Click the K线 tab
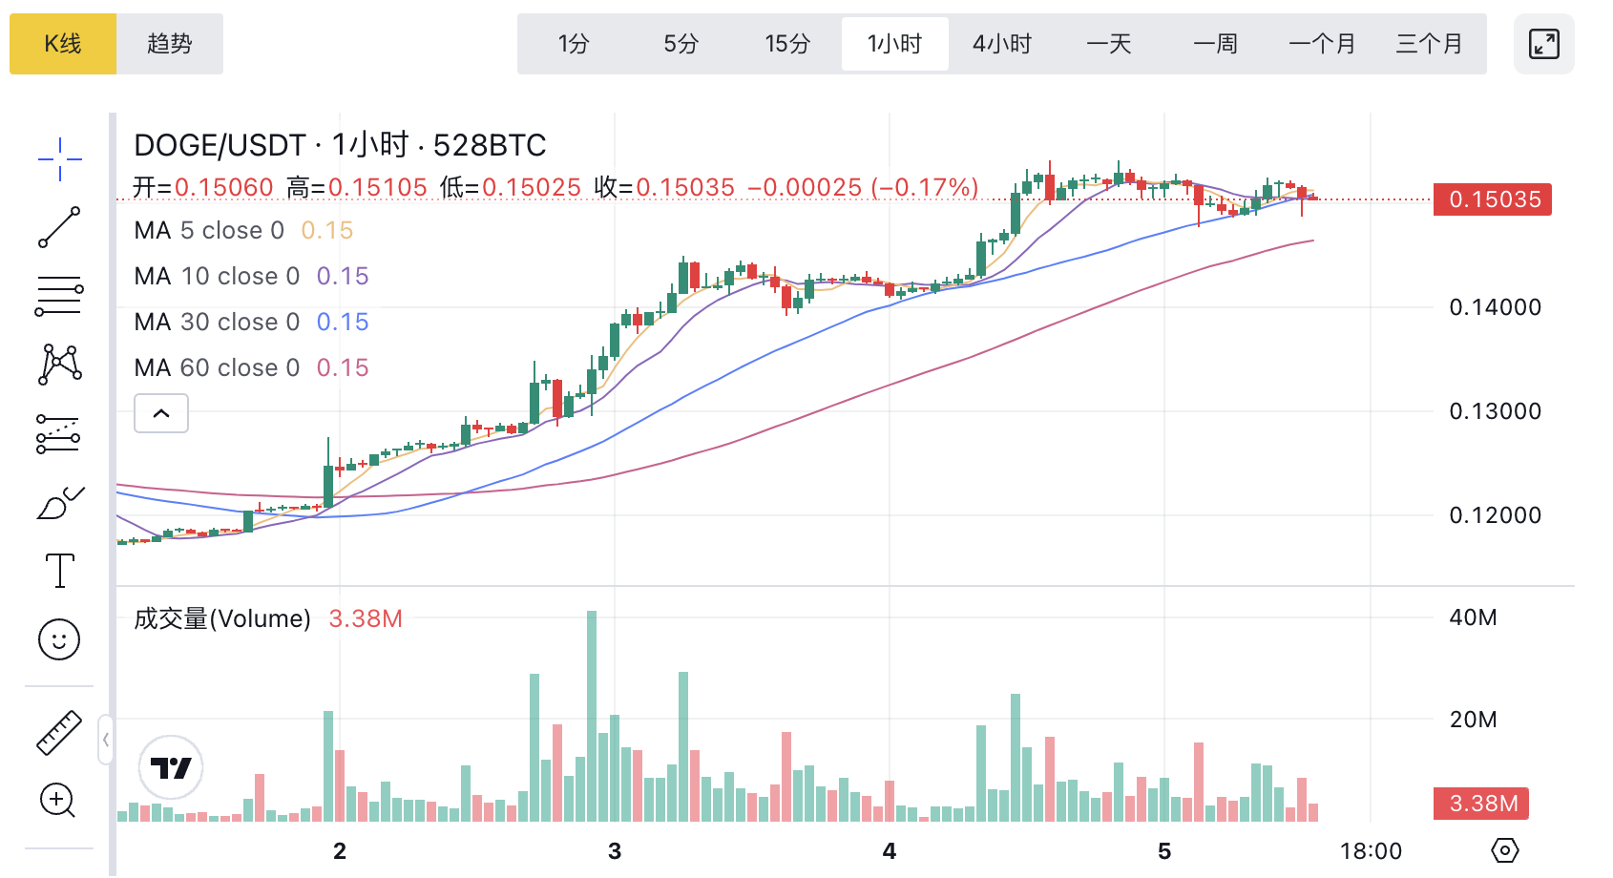coord(63,44)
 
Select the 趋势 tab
coord(170,44)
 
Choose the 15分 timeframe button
coord(787,44)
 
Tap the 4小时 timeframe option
coord(1002,44)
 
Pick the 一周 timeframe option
coord(1215,44)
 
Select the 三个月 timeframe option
coord(1429,44)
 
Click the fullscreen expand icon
coord(1543,44)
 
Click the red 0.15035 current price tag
coord(1493,199)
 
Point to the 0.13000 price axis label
coord(1495,411)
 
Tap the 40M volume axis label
coord(1473,617)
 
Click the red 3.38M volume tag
coord(1482,804)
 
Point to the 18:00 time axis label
coord(1371,851)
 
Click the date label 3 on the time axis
coord(615,851)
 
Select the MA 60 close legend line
coord(251,367)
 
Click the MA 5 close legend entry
coord(243,230)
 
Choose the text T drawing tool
coord(60,571)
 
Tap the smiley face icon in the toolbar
coord(59,639)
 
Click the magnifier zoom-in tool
coord(57,800)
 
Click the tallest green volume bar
coord(592,716)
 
